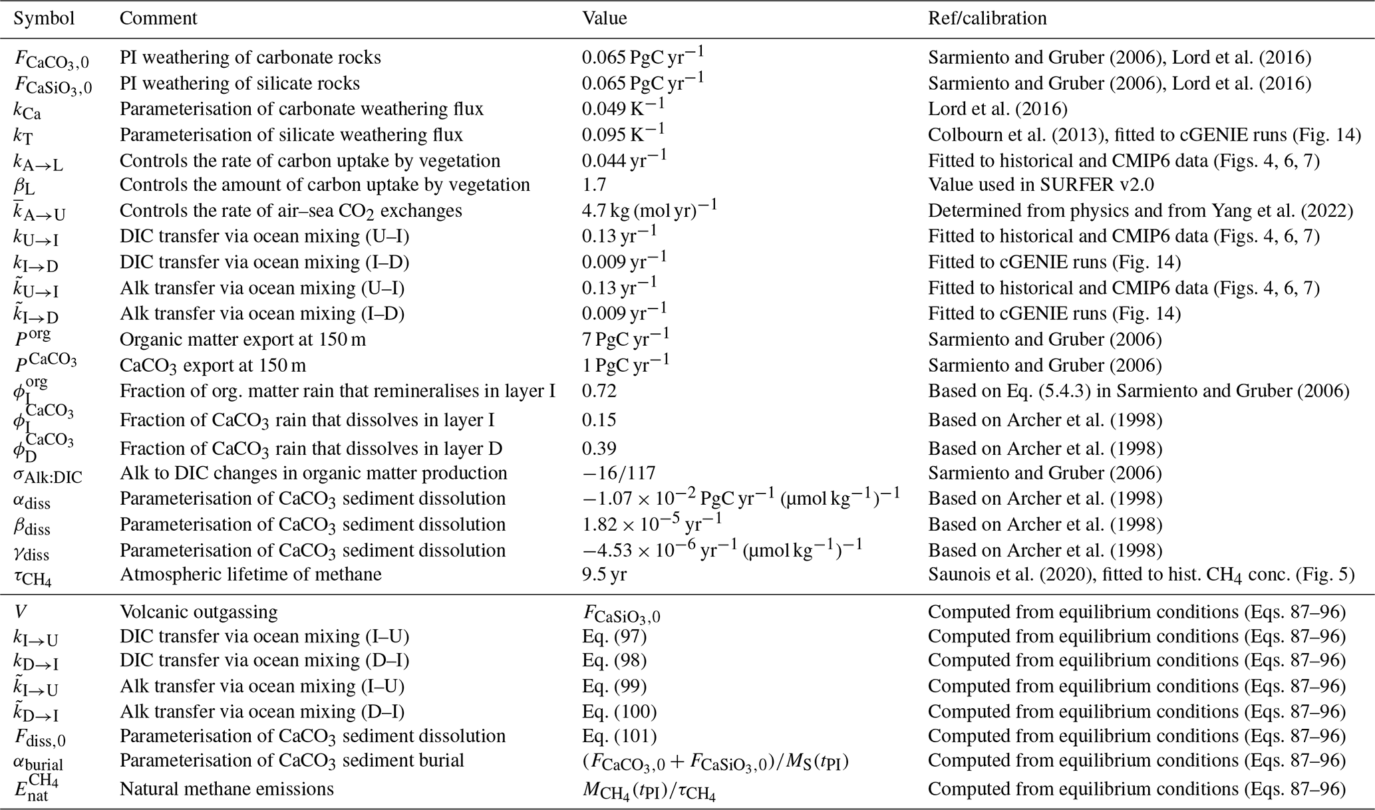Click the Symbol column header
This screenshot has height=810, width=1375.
point(44,19)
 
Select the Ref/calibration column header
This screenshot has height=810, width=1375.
point(987,19)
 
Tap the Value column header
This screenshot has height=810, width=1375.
point(605,19)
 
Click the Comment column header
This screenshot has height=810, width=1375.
point(158,19)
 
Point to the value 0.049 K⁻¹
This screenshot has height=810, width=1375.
point(623,108)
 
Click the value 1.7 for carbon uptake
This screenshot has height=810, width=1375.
point(593,185)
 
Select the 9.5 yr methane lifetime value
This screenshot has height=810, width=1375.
point(604,574)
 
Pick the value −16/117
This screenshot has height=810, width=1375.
point(619,473)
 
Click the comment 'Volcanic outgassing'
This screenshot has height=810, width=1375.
point(198,612)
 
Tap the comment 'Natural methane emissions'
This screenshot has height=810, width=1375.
point(226,789)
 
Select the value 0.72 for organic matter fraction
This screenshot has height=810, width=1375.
point(599,391)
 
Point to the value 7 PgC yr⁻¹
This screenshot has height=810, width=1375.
point(625,339)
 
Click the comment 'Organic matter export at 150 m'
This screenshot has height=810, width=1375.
point(243,339)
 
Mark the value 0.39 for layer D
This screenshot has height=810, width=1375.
point(599,448)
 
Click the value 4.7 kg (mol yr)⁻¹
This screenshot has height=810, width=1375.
point(649,211)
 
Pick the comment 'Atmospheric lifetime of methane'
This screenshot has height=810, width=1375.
point(251,574)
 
